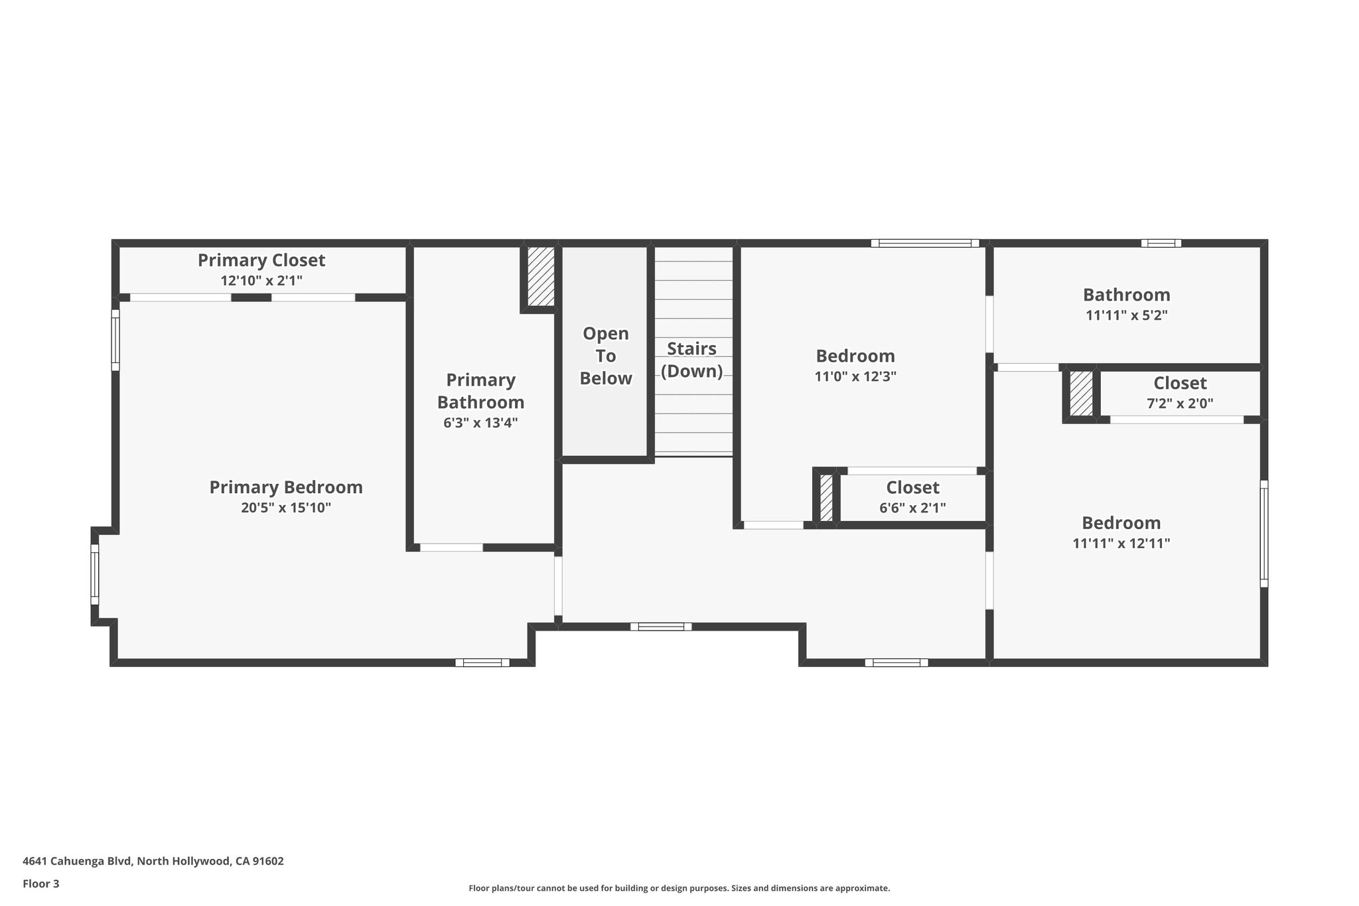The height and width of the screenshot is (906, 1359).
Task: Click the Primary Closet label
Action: pyautogui.click(x=261, y=260)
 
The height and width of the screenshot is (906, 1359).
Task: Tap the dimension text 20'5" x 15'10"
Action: pyautogui.click(x=286, y=508)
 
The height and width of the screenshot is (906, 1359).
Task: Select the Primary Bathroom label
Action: pyautogui.click(x=480, y=391)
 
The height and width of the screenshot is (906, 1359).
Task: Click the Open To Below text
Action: pyautogui.click(x=605, y=356)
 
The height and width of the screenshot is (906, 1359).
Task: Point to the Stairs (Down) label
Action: pyautogui.click(x=691, y=359)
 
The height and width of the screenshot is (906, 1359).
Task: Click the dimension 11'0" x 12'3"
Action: pyautogui.click(x=855, y=376)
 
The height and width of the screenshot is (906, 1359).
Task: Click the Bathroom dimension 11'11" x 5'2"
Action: pyautogui.click(x=1126, y=315)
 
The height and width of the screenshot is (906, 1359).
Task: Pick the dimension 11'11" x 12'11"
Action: pyautogui.click(x=1121, y=543)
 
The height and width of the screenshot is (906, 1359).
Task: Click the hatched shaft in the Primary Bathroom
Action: pyautogui.click(x=541, y=277)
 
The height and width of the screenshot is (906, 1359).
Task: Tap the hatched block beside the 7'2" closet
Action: pyautogui.click(x=1081, y=394)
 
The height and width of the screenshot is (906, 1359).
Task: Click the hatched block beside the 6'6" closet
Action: pyautogui.click(x=826, y=497)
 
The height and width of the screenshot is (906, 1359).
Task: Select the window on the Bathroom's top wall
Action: pyautogui.click(x=1161, y=243)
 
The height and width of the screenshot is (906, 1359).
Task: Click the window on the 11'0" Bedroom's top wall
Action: pyautogui.click(x=924, y=243)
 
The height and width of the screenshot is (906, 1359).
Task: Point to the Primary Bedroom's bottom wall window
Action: pyautogui.click(x=482, y=662)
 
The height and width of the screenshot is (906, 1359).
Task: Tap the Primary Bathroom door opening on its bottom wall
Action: pyautogui.click(x=451, y=548)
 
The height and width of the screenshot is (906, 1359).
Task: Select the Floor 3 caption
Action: pyautogui.click(x=41, y=883)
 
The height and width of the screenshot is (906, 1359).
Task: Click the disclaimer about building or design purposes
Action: pyautogui.click(x=679, y=888)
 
